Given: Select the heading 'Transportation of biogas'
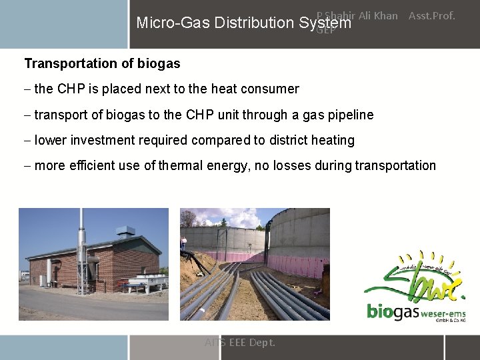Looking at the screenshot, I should [x=102, y=64].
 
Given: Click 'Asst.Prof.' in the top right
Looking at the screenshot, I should [x=431, y=15].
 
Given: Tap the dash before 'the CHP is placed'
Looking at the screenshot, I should [x=27, y=89].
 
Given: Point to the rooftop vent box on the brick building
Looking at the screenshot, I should [x=125, y=232].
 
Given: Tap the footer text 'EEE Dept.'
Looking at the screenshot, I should [x=251, y=343].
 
